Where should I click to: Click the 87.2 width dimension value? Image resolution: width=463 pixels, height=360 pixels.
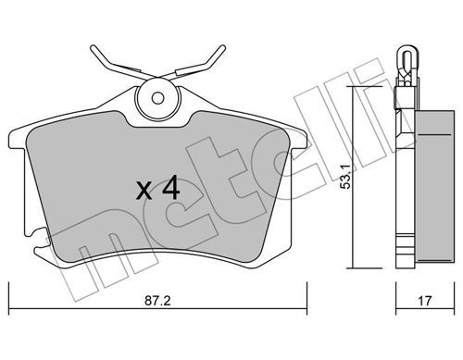157,301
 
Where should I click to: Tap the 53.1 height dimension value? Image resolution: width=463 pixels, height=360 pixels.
345,177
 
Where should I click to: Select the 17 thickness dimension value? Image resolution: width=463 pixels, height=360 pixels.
425,301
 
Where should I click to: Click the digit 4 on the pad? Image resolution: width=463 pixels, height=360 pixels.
171,188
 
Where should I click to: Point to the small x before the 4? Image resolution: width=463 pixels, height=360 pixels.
144,191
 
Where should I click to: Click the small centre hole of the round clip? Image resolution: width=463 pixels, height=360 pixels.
157,98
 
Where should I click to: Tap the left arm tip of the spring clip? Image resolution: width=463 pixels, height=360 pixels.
93,48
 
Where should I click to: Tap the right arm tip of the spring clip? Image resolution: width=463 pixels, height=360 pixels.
223,48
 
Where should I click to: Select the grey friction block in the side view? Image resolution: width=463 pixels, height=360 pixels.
435,186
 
